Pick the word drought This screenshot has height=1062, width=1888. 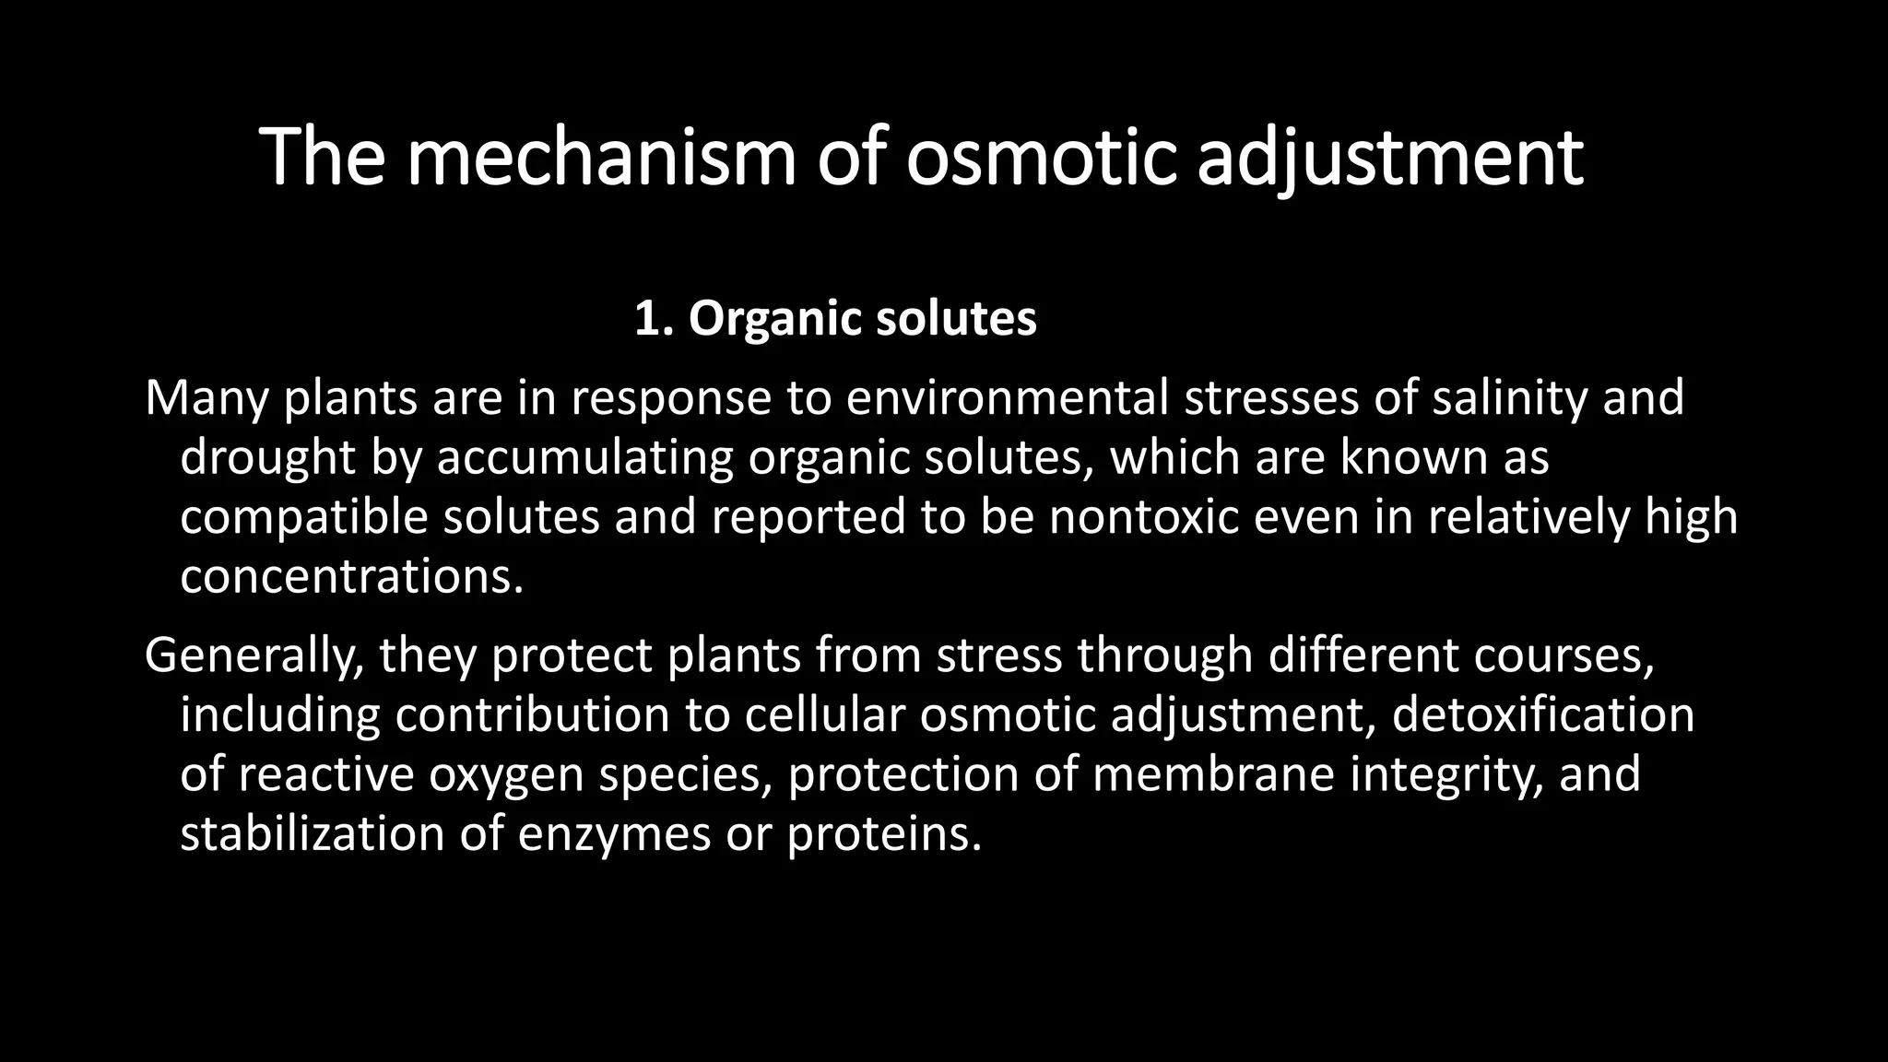click(267, 457)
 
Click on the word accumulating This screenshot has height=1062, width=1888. click(584, 457)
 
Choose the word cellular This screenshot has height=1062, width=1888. click(824, 715)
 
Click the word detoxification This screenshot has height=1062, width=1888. click(1542, 715)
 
